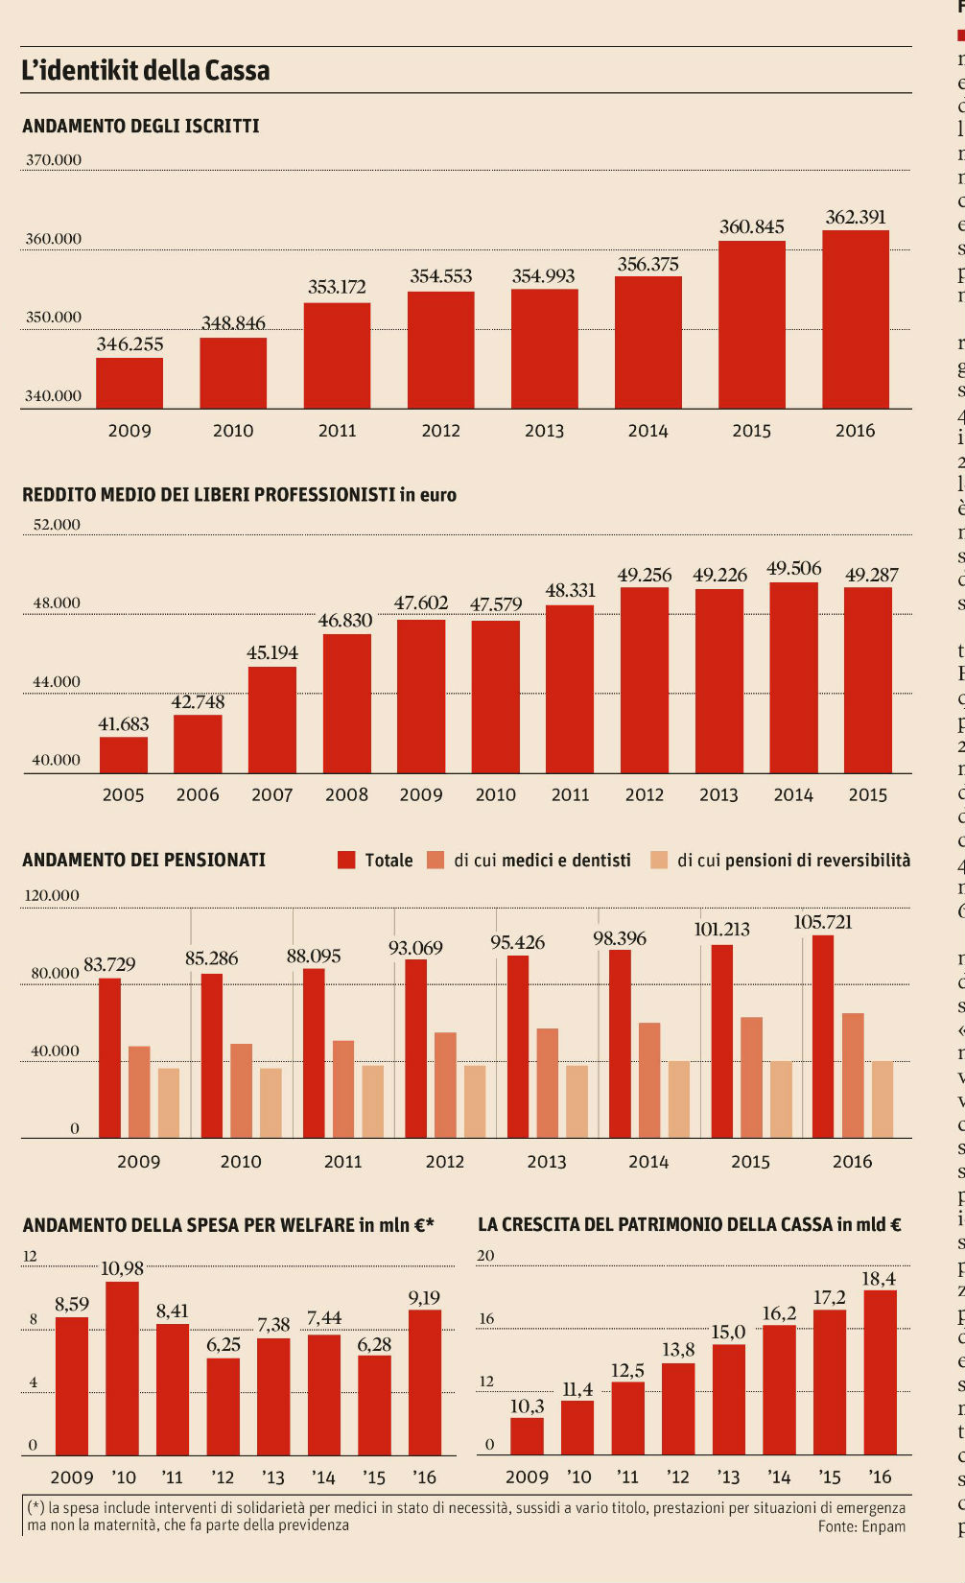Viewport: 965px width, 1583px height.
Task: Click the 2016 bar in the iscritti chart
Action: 855,319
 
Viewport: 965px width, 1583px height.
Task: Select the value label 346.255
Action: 129,343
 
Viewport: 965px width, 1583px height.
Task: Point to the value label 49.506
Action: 793,568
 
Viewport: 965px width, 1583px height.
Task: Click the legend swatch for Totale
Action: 346,860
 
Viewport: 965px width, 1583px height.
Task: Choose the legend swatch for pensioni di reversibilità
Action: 659,860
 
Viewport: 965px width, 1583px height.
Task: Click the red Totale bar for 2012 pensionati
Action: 415,1049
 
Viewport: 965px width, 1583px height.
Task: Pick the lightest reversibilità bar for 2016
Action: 883,1099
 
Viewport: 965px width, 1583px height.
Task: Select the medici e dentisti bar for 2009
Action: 139,1092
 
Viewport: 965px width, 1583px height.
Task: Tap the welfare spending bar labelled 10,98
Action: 122,1367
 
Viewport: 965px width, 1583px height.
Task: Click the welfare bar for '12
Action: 224,1406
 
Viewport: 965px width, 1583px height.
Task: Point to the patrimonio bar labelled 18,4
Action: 880,1372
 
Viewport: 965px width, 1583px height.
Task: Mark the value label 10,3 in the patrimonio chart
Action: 527,1406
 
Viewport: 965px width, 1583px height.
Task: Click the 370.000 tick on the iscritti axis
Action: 54,159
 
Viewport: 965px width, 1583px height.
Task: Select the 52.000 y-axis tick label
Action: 57,524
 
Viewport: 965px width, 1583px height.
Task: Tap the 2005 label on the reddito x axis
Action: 123,794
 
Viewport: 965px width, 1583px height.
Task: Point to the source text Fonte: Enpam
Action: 861,1525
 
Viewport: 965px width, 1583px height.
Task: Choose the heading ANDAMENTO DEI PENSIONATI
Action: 144,860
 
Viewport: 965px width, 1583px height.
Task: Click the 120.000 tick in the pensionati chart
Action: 52,895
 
